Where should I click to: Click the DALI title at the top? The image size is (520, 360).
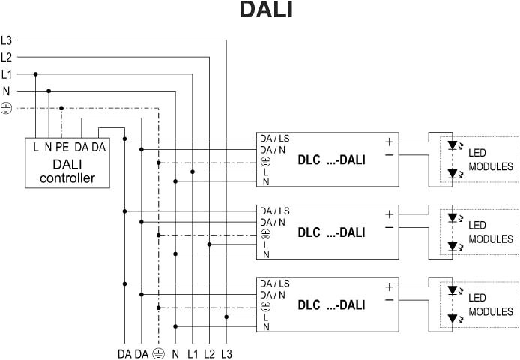click(x=265, y=10)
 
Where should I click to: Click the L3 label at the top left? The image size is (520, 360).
click(x=7, y=40)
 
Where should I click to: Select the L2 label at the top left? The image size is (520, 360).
click(x=7, y=57)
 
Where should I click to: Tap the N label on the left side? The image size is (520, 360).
click(x=7, y=91)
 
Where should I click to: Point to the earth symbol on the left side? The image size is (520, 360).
click(x=7, y=108)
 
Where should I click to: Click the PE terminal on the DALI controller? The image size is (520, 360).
click(x=61, y=147)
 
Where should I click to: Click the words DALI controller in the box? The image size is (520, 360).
click(x=67, y=171)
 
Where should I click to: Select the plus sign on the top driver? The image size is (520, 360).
click(x=390, y=141)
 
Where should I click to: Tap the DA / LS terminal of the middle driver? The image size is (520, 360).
click(x=275, y=211)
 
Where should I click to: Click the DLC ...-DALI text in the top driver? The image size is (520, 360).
click(x=331, y=160)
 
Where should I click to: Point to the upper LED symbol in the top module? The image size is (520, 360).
click(x=453, y=145)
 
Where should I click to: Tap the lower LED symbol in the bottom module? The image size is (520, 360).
click(x=453, y=318)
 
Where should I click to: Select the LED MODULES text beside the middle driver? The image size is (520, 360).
click(x=490, y=232)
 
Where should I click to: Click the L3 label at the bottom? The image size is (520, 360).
click(x=227, y=352)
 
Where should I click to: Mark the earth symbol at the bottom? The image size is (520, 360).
click(x=158, y=352)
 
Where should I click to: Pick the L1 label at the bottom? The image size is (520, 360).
click(x=193, y=352)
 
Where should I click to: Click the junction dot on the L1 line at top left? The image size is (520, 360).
click(x=36, y=74)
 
